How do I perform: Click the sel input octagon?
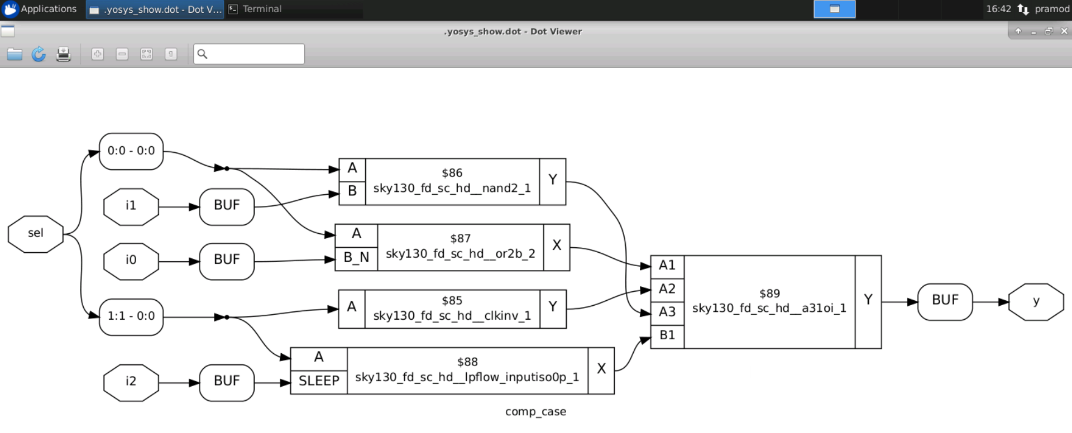pos(35,234)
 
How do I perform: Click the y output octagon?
pos(1036,302)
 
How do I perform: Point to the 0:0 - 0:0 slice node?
pos(131,151)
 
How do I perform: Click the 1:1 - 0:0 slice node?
pos(131,316)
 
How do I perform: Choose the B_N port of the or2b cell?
pos(356,258)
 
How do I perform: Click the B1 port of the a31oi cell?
pos(667,335)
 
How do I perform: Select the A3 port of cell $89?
pos(667,312)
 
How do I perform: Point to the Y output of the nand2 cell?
pos(552,180)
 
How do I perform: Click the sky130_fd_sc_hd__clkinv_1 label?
pos(452,316)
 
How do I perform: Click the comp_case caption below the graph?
pos(535,412)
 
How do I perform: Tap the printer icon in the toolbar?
pos(63,54)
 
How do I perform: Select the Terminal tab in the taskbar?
pos(261,9)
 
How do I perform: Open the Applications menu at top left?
pos(40,9)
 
